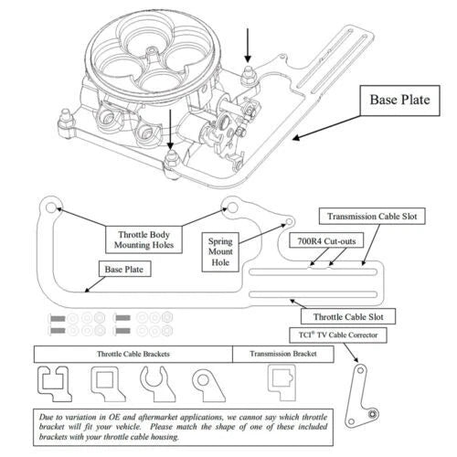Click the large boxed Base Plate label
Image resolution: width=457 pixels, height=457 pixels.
tap(399, 101)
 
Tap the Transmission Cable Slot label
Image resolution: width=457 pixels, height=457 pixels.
tap(372, 217)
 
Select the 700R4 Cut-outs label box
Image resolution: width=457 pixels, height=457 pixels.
tap(326, 241)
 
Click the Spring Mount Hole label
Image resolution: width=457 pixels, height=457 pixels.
tap(220, 252)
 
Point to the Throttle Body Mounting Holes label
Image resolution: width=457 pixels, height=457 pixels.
tap(143, 239)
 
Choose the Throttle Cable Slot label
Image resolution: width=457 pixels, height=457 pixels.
tap(348, 316)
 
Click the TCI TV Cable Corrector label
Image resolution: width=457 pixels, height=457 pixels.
tap(338, 335)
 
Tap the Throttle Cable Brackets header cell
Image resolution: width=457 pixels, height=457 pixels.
tap(133, 354)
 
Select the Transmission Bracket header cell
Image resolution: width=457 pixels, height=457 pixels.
tap(283, 354)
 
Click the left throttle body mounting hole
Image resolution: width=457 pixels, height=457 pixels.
tap(51, 207)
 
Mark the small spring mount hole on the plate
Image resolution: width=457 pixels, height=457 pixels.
tap(289, 221)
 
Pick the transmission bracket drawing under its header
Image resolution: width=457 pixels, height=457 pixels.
tap(282, 382)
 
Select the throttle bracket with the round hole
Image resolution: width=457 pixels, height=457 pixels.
tap(208, 385)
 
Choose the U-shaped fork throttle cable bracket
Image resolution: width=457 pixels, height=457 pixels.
tap(157, 385)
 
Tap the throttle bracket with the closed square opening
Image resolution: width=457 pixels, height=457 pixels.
tap(107, 384)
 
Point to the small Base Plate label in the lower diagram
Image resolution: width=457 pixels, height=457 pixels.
tap(124, 270)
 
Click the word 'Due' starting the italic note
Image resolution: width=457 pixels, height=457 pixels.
tap(47, 417)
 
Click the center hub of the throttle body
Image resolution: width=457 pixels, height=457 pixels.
tap(152, 55)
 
